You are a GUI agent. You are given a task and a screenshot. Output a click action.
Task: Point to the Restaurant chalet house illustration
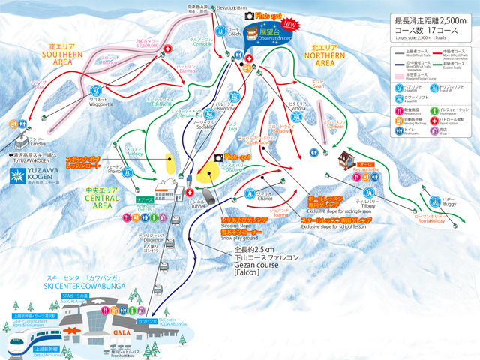[x=346, y=159]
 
